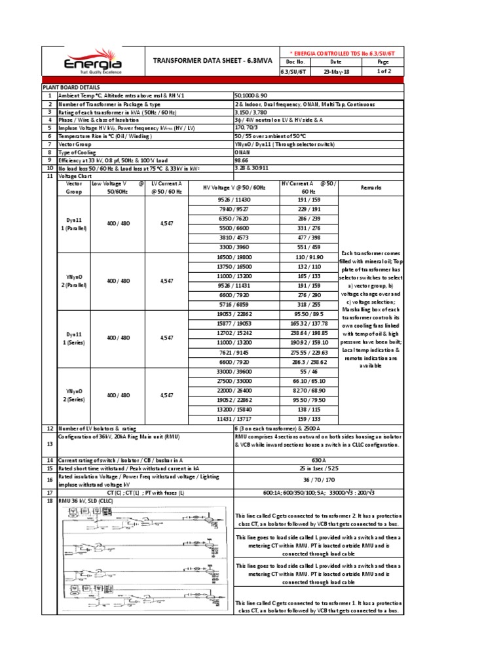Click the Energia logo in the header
[x=92, y=62]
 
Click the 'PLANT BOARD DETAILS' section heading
[x=71, y=86]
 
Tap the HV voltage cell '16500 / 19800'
[x=234, y=259]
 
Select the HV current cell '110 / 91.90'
[x=308, y=259]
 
